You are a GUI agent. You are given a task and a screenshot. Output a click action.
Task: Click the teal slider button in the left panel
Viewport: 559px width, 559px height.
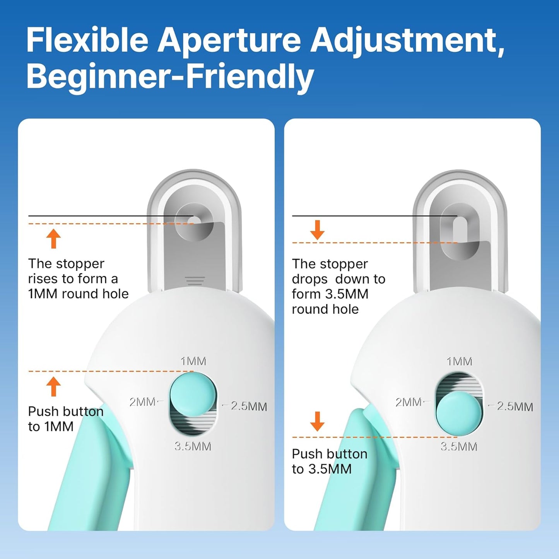point(193,394)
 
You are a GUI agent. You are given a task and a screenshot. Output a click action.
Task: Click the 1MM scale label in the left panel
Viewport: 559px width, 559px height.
point(193,361)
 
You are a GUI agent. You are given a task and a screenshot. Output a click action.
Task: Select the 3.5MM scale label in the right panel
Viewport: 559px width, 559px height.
point(459,446)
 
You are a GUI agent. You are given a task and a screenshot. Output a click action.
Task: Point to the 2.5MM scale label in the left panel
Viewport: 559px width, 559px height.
point(249,406)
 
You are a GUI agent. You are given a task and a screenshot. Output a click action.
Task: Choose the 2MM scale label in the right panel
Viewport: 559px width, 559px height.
point(408,402)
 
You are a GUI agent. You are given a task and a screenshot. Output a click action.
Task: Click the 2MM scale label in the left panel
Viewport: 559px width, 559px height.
point(142,402)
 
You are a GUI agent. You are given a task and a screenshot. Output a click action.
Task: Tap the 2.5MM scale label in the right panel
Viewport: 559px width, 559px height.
point(515,406)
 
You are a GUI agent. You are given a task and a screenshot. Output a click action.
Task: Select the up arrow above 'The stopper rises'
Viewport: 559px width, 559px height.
point(53,239)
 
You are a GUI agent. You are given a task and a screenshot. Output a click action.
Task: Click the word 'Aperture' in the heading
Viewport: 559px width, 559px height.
point(229,41)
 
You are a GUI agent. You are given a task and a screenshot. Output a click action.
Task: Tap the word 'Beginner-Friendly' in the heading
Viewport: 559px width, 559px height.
point(170,77)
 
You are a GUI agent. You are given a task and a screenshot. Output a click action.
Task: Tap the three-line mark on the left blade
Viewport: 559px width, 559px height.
point(194,281)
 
